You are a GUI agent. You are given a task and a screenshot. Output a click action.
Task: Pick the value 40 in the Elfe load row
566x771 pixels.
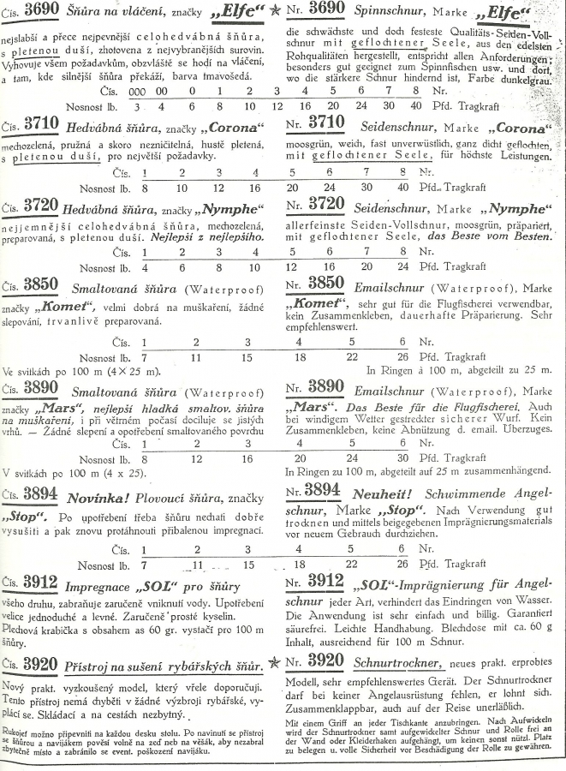[x=416, y=105]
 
